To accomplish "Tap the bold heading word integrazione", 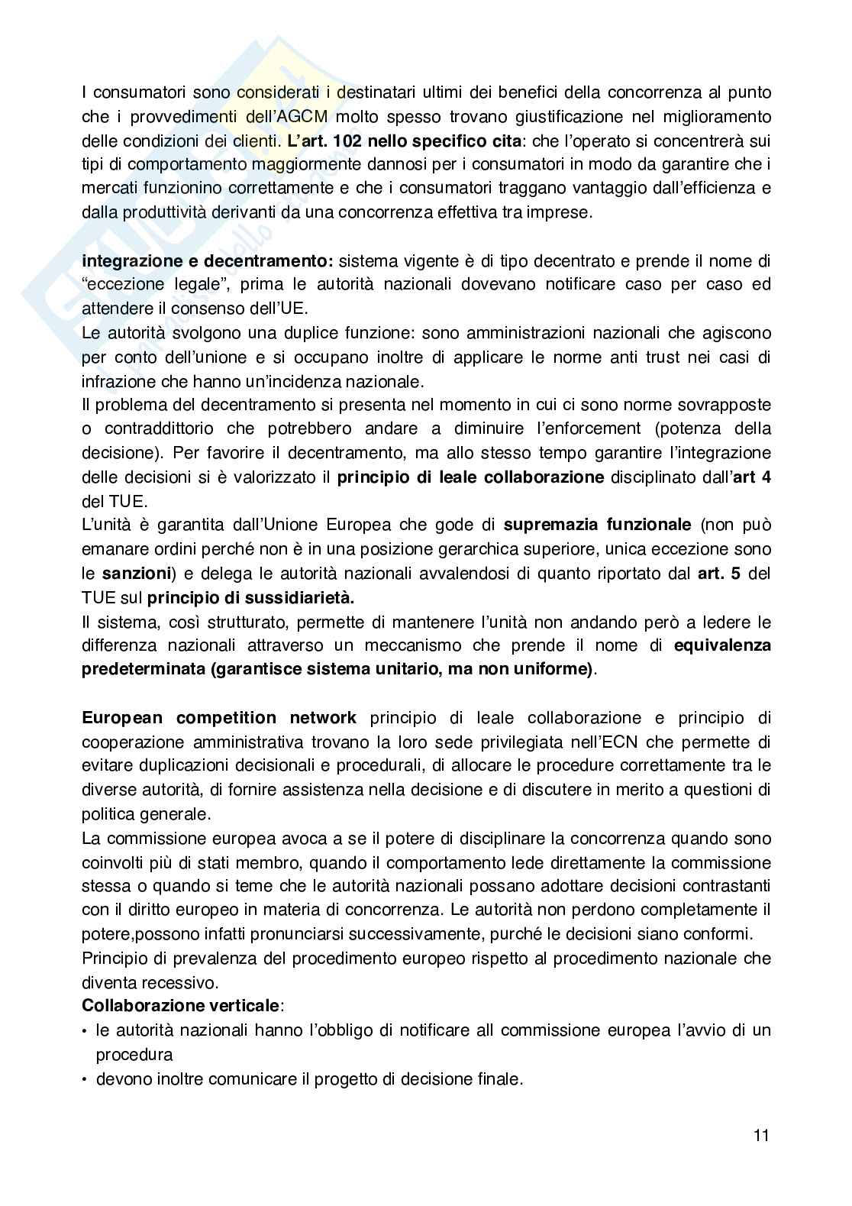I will point(129,260).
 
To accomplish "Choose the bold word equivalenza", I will point(722,645).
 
